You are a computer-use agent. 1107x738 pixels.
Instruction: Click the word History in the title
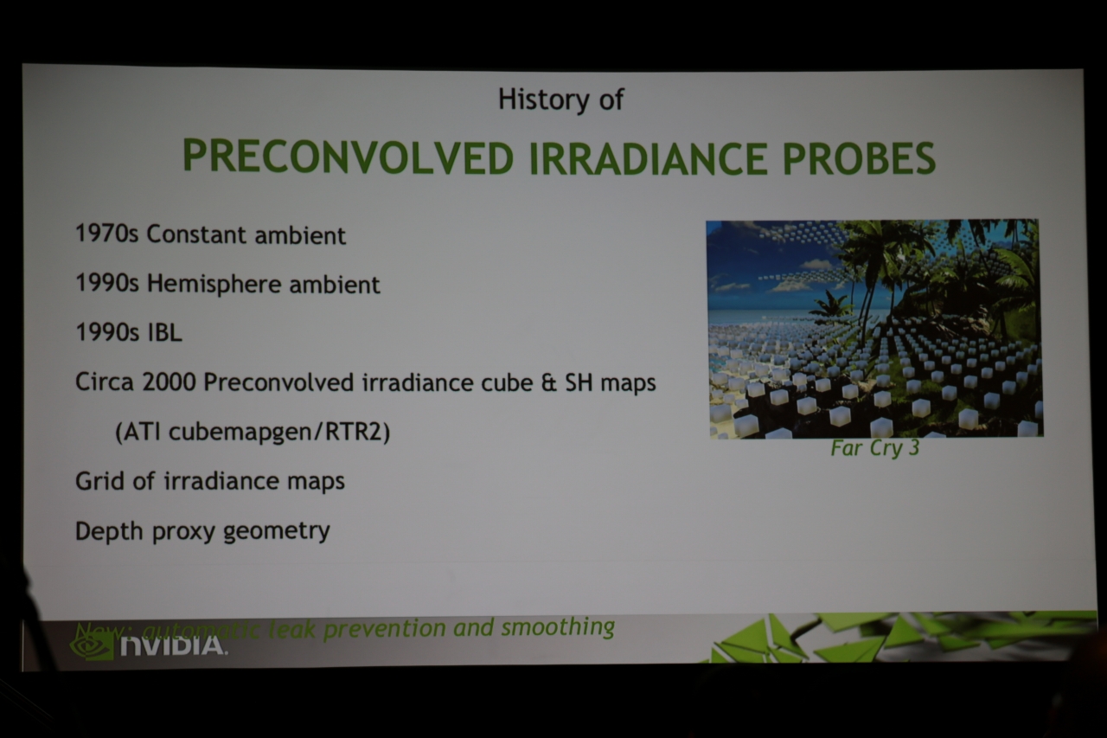543,99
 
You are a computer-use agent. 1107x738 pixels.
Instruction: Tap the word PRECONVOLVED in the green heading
349,157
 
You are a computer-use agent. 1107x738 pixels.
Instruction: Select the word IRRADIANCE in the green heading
649,158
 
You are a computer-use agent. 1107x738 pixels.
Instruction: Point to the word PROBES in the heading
859,158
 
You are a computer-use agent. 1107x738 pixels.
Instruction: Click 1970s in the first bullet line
106,234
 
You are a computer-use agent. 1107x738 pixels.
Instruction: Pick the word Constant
196,234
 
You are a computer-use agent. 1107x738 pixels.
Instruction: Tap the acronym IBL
165,332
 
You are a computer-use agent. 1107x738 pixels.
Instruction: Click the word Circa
105,382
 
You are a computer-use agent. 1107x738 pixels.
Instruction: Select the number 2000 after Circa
169,382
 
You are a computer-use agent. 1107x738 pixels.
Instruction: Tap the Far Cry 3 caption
874,448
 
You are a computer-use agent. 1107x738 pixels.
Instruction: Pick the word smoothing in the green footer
558,627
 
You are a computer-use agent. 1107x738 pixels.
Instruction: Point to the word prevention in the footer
385,629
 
